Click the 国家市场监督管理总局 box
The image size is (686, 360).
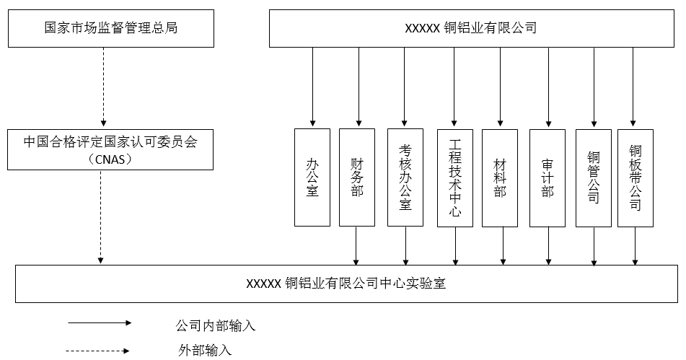(x=110, y=29)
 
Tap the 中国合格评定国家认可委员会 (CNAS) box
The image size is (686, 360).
(x=110, y=149)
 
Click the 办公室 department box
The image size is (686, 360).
(x=312, y=177)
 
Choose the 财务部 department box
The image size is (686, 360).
(x=357, y=177)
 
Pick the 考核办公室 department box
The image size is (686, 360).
(x=405, y=177)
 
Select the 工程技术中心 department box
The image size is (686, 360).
(x=454, y=177)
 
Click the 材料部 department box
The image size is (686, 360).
(x=501, y=177)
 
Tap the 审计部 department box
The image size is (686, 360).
(x=547, y=177)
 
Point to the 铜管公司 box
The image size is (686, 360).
(x=594, y=177)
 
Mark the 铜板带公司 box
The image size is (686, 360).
(x=635, y=177)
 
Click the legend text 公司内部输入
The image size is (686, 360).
(x=216, y=325)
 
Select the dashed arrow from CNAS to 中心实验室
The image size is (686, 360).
(x=100, y=216)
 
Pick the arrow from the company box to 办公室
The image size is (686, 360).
(x=312, y=87)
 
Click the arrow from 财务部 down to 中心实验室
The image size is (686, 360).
(x=356, y=245)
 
